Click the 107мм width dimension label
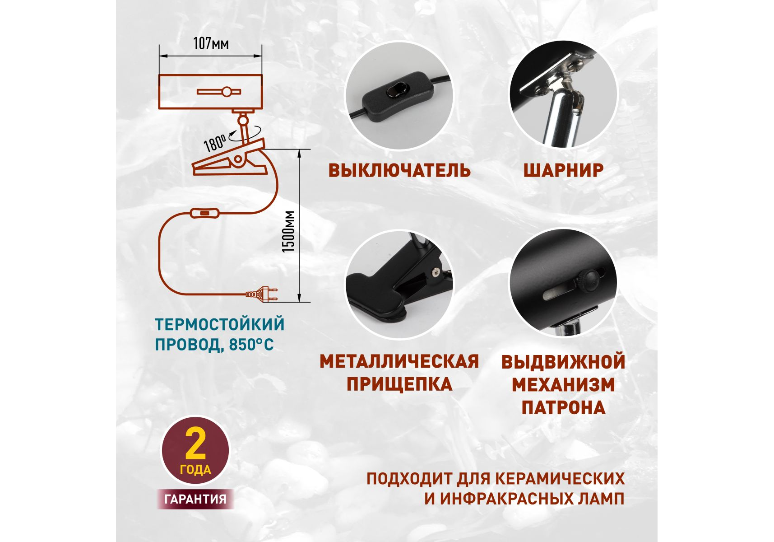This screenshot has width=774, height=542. pos(211,43)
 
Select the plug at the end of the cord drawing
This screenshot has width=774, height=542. pos(262,294)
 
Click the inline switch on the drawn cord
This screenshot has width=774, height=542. pos(204,213)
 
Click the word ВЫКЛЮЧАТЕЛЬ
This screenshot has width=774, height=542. pos(399,170)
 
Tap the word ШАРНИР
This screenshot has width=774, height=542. pos(563,170)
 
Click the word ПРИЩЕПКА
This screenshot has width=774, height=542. pos(399,384)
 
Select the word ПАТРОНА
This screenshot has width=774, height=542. pos(563,407)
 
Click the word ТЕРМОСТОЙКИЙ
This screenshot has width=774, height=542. pos(220,324)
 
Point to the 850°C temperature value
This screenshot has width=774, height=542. pos(251,345)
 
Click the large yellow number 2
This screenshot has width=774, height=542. pos(195,444)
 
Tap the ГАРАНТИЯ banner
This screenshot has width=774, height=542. pos(195,499)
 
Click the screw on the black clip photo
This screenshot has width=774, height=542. pos(436,272)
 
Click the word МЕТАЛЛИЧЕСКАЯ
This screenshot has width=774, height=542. pos(399,361)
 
